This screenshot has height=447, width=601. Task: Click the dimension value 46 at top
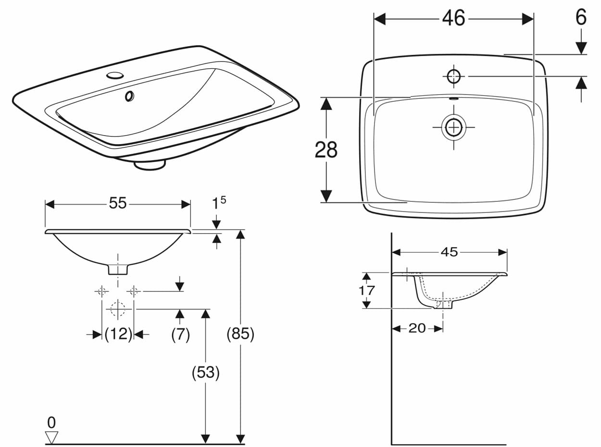click(453, 18)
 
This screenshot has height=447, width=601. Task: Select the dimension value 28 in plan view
click(326, 150)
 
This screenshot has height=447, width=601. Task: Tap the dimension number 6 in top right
click(581, 18)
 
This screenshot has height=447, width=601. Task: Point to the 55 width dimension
click(117, 204)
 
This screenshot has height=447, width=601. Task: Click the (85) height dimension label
click(240, 334)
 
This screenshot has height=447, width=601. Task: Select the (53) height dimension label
click(206, 372)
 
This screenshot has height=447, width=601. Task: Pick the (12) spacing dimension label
click(118, 334)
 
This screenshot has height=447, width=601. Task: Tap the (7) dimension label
click(180, 334)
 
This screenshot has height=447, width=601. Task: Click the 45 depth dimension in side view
click(449, 252)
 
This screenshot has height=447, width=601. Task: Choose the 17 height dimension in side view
click(367, 290)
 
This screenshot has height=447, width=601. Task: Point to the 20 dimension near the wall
click(417, 328)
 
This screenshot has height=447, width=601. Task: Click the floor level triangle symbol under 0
click(51, 437)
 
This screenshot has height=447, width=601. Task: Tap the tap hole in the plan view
click(453, 76)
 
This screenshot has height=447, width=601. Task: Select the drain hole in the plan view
click(453, 127)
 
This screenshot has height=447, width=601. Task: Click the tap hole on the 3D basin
click(115, 75)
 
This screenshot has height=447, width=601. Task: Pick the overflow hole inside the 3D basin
click(129, 96)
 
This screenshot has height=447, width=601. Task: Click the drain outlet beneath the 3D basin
click(150, 165)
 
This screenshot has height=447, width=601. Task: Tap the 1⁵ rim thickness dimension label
click(219, 203)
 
